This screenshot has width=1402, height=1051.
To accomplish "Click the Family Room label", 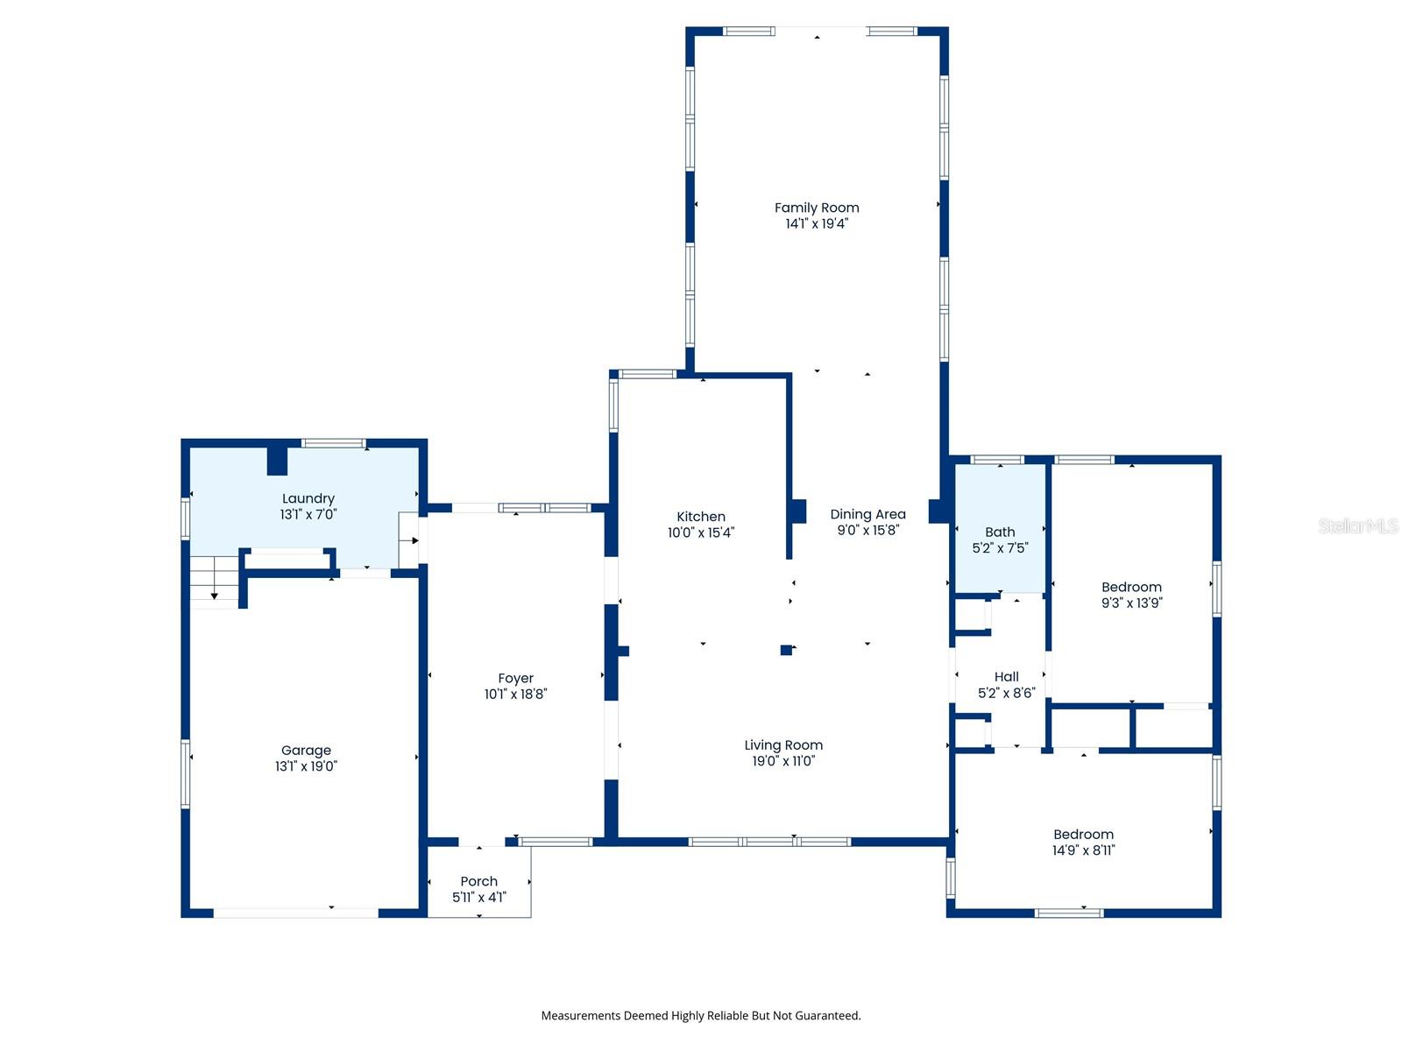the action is point(817,208).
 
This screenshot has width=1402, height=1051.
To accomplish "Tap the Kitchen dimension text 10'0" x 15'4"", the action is point(701,533).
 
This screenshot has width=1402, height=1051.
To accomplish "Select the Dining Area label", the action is point(867,514).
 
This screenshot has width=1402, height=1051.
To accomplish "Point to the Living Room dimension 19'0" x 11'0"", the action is point(783,760).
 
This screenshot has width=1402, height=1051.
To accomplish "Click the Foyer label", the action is point(515,678).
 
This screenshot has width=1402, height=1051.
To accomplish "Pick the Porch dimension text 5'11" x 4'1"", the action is point(479,897).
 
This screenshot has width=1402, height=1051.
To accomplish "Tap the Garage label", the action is point(306,751).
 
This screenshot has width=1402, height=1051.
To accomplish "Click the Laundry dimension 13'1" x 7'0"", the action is point(308,514).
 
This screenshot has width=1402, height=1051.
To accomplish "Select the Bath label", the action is point(1000,532).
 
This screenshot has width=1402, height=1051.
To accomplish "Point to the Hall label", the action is point(1006,676).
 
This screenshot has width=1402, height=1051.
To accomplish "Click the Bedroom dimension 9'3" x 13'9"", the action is point(1131,603).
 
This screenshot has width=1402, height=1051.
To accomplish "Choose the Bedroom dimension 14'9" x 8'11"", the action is point(1083,850).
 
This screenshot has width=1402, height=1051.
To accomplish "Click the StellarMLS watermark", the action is point(1358,525).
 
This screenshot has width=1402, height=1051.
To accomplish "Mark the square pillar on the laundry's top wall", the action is point(277,461).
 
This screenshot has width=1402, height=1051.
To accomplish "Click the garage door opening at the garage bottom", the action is point(295,913).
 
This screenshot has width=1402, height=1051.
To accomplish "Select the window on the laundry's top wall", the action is point(334,443).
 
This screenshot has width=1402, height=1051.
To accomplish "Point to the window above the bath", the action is point(997,460).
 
